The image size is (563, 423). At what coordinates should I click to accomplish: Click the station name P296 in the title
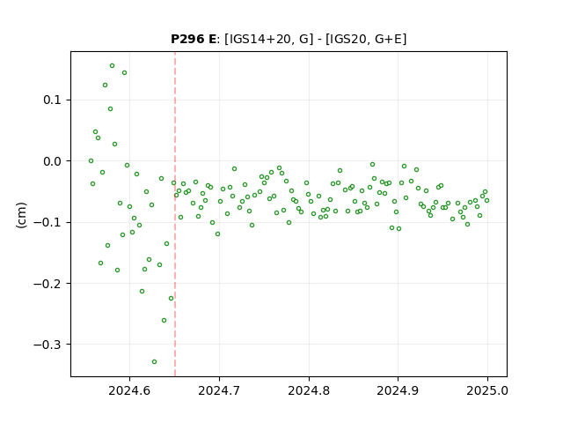(187, 39)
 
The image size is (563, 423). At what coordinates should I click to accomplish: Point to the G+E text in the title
(388, 39)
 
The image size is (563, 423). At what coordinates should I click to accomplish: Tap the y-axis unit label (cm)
(21, 215)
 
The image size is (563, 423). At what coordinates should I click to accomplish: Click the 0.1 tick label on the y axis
(52, 100)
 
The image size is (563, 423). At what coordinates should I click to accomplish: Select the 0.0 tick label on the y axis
(52, 161)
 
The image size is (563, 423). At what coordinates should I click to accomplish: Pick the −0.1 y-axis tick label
(48, 222)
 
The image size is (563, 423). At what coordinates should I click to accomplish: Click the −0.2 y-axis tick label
(48, 284)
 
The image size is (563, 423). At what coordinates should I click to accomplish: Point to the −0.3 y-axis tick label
(48, 345)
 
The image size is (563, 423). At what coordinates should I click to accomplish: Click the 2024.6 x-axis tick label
(129, 390)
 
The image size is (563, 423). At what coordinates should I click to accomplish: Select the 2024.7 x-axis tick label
(219, 390)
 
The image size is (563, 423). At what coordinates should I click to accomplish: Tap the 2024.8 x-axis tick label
(309, 390)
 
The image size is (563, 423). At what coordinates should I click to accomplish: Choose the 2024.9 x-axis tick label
(398, 390)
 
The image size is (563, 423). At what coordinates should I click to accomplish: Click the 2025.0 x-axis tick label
(487, 390)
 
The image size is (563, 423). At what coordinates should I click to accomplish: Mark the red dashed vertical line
(175, 214)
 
